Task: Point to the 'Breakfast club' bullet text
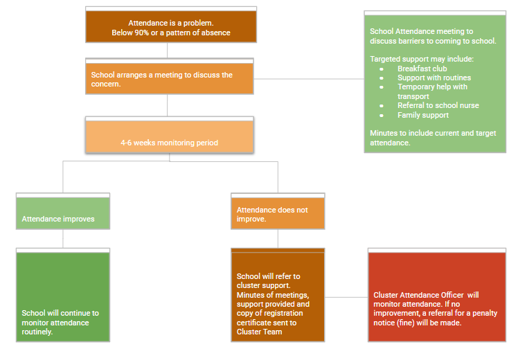tap(422, 69)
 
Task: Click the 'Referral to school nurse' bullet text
tap(438, 105)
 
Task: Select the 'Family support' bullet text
tap(423, 116)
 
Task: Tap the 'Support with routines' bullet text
tap(434, 78)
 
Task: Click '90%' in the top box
tap(141, 33)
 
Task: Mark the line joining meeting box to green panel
tap(309, 79)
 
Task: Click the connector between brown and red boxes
tap(346, 297)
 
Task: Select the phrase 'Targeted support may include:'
tap(422, 59)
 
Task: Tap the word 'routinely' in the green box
tap(37, 332)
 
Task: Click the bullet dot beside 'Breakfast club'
tap(382, 69)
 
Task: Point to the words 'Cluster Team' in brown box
tap(259, 332)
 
